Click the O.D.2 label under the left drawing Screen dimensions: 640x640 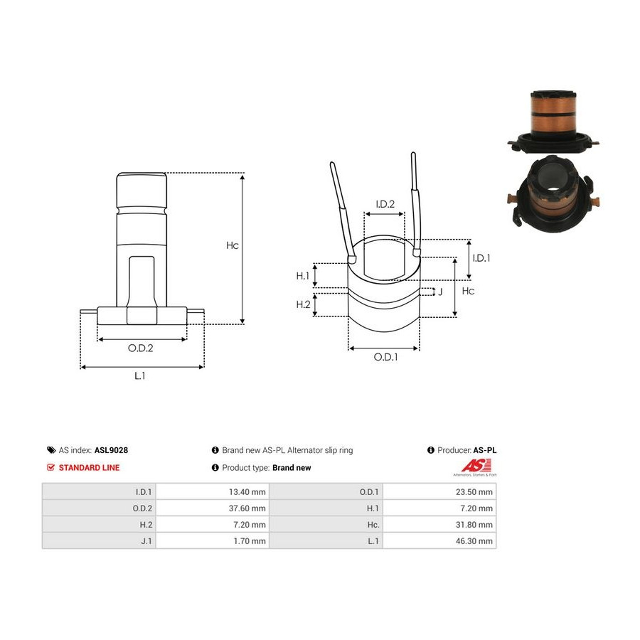[140, 348]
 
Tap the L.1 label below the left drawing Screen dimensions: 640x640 [139, 375]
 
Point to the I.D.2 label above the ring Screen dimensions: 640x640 [385, 204]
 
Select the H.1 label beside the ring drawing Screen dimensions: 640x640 [302, 276]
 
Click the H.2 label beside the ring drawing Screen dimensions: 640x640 [303, 304]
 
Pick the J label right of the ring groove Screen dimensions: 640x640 [440, 292]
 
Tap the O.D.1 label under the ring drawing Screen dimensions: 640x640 [385, 357]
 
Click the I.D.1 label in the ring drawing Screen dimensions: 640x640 [481, 258]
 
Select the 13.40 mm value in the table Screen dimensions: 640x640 [247, 492]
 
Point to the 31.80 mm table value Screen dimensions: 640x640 [474, 525]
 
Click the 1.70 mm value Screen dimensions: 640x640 [250, 541]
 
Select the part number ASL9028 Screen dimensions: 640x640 [111, 450]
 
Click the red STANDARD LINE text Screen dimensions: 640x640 [89, 468]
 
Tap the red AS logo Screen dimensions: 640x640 [476, 466]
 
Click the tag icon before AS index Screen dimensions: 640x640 [51, 450]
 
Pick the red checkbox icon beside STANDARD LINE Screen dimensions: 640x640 [50, 467]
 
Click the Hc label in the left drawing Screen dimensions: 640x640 [233, 245]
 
